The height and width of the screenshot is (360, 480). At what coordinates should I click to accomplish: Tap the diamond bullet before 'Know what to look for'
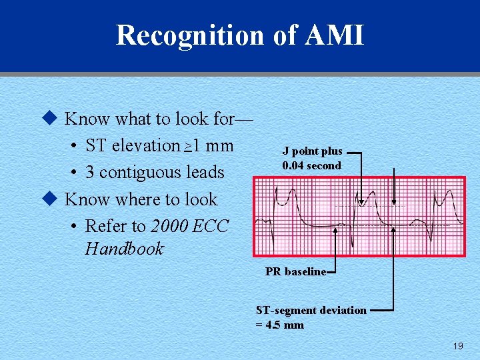47,119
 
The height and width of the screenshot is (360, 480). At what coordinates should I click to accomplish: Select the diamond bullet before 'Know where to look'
47,199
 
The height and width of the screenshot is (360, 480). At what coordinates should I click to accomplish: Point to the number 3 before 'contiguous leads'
90,173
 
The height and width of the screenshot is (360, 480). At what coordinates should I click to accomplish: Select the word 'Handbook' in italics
124,249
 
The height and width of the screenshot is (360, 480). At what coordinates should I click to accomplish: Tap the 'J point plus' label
312,151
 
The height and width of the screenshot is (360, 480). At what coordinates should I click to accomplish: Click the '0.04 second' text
311,165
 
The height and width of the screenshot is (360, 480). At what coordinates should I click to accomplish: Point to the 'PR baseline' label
295,271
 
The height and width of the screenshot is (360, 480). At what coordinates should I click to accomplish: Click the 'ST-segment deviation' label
311,310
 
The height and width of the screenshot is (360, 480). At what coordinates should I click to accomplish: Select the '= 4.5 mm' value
280,325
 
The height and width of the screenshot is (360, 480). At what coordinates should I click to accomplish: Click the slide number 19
457,346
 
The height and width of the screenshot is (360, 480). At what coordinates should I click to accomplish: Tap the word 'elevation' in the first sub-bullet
146,145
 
